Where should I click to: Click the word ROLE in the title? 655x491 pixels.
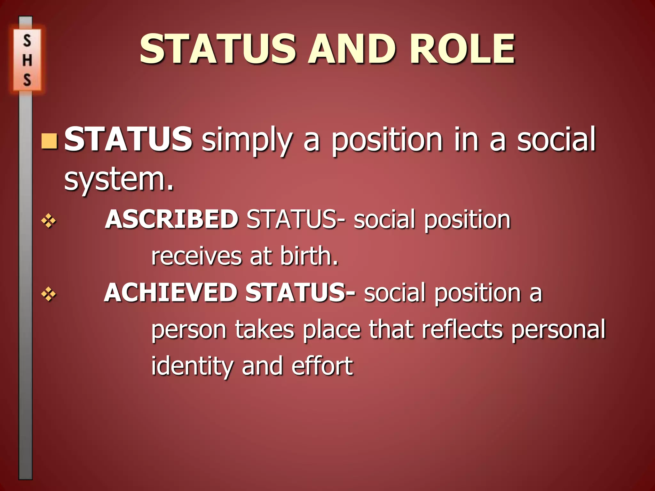pyautogui.click(x=462, y=50)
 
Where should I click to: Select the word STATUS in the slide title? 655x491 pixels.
pyautogui.click(x=218, y=50)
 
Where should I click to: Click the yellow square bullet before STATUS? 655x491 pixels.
pyautogui.click(x=49, y=141)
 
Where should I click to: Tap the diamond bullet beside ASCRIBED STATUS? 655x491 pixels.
pyautogui.click(x=49, y=221)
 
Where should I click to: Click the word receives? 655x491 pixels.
pyautogui.click(x=196, y=256)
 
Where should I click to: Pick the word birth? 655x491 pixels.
pyautogui.click(x=309, y=256)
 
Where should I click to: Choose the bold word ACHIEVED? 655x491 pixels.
pyautogui.click(x=170, y=292)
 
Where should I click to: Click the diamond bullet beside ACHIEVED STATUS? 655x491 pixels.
pyautogui.click(x=49, y=294)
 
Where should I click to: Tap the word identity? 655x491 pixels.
pyautogui.click(x=192, y=366)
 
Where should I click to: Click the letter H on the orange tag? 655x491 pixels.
pyautogui.click(x=27, y=60)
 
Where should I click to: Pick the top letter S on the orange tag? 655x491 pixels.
pyautogui.click(x=27, y=41)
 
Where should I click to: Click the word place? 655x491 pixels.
pyautogui.click(x=332, y=330)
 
